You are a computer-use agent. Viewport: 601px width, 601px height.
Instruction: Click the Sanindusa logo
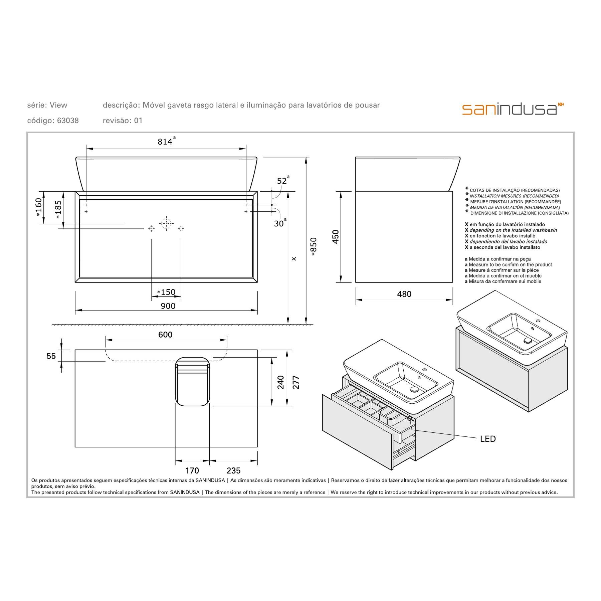point(513,109)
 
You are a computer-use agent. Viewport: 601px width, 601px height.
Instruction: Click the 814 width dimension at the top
point(165,142)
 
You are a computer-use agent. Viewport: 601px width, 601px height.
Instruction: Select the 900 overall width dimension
point(168,306)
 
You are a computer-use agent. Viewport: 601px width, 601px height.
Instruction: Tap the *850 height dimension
point(314,247)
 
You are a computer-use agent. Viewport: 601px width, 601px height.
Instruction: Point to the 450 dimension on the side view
point(336,237)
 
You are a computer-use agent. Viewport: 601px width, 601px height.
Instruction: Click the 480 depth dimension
point(404,294)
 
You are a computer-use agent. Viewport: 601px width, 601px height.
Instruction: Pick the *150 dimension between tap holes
point(166,292)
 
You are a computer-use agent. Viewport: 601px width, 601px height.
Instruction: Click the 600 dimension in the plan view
point(165,335)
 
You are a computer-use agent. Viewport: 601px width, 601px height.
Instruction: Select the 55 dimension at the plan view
point(51,356)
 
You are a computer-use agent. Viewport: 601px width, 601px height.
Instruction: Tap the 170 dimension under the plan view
point(192,470)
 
